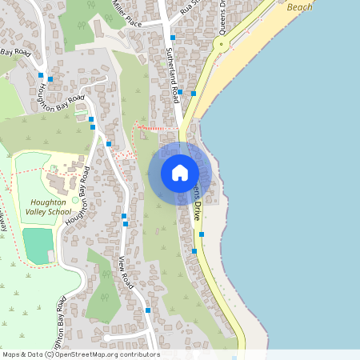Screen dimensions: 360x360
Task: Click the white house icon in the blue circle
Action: click(179, 173)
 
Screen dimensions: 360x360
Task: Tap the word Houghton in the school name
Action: click(47, 203)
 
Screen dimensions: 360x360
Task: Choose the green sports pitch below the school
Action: click(36, 246)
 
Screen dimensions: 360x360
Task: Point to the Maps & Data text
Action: click(22, 354)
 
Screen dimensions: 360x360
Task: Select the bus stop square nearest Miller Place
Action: click(173, 38)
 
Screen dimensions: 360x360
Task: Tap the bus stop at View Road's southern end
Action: click(148, 310)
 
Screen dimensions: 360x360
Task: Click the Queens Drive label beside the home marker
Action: click(196, 205)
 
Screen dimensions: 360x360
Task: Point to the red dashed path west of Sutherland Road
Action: click(156, 128)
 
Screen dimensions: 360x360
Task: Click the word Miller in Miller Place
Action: click(119, 10)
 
